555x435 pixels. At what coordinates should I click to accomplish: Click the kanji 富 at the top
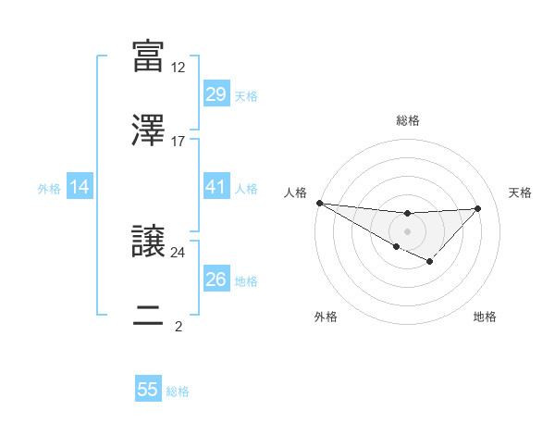coord(148,56)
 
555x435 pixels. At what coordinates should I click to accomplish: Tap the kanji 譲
coord(148,240)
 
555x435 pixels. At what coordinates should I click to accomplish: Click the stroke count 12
coord(179,68)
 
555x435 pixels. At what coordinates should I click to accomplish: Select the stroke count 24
coord(179,252)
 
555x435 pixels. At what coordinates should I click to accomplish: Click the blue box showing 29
coord(216,94)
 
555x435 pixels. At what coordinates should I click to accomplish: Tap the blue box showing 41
coord(216,188)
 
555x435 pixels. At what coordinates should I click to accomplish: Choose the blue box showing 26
coord(216,280)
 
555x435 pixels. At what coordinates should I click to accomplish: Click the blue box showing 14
coord(80,188)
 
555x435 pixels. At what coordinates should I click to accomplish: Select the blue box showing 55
coord(148,390)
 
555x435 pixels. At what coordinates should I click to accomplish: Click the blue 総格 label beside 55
coord(178,391)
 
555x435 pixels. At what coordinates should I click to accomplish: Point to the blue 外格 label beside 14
coord(49,189)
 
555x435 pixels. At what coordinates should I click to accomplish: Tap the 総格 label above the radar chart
coord(407,121)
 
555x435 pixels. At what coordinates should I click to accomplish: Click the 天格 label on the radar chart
coord(521,193)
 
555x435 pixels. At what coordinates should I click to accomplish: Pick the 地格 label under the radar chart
coord(485,317)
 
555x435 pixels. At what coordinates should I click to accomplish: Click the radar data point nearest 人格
coord(319,203)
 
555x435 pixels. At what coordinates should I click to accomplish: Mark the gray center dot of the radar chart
coord(407,230)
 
